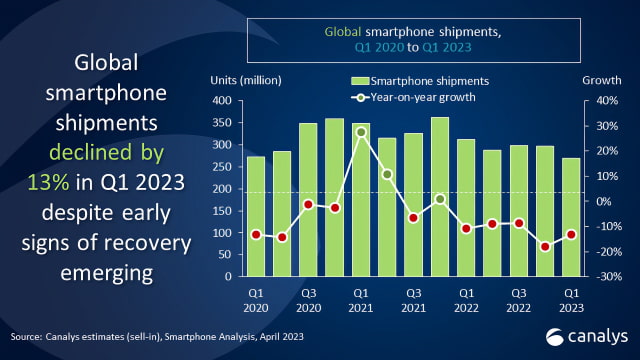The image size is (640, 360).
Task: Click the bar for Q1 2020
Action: click(256, 216)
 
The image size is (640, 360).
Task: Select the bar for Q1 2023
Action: click(571, 217)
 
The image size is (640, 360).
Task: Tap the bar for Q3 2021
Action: click(413, 205)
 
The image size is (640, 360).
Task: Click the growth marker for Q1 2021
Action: click(361, 132)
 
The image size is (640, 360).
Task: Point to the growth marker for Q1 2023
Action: click(571, 235)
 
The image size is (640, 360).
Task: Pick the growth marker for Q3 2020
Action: click(309, 204)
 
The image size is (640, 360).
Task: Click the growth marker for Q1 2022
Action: click(466, 229)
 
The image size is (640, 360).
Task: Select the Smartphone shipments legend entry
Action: click(420, 81)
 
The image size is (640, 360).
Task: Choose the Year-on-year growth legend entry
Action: click(413, 98)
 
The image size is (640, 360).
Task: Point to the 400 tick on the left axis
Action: click(222, 100)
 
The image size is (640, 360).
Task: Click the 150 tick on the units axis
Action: click(222, 211)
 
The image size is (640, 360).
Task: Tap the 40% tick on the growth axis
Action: click(607, 100)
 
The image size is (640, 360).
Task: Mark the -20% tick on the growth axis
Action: click(607, 252)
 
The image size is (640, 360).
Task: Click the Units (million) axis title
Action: click(246, 80)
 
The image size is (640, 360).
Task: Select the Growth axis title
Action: click(602, 80)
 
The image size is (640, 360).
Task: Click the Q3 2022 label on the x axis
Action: click(518, 300)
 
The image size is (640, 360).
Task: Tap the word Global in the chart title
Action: click(343, 32)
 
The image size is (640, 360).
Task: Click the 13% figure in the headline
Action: click(48, 182)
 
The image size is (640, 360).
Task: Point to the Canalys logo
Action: click(587, 337)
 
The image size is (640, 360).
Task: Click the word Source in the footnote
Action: click(25, 337)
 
